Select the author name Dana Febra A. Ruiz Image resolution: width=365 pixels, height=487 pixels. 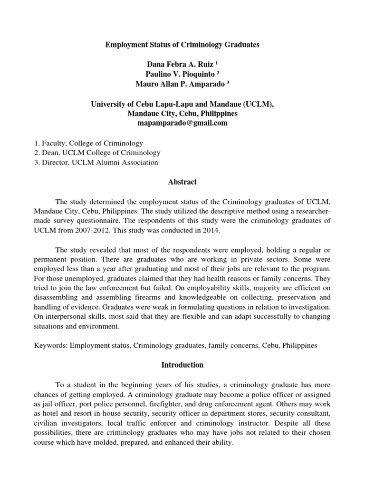click(x=178, y=64)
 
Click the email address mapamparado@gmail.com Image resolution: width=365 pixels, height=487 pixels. click(x=182, y=123)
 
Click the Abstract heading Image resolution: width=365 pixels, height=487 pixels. click(x=182, y=182)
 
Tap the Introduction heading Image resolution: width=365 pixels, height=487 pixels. click(x=182, y=365)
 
